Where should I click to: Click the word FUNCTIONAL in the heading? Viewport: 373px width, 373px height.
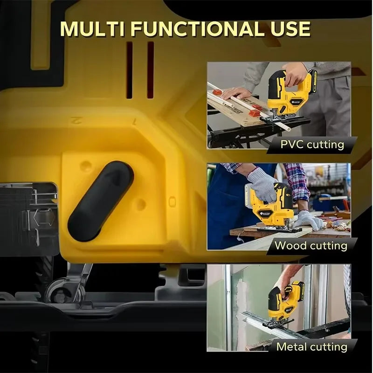coord(196,29)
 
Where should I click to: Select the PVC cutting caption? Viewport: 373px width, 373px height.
coord(311,144)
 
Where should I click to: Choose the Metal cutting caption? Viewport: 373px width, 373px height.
coord(311,346)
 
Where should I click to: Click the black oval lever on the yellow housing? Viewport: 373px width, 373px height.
coord(100,200)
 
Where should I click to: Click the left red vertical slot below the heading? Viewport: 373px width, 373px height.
coord(130,70)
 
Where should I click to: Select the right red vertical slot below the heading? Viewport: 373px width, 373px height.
coord(150,70)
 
